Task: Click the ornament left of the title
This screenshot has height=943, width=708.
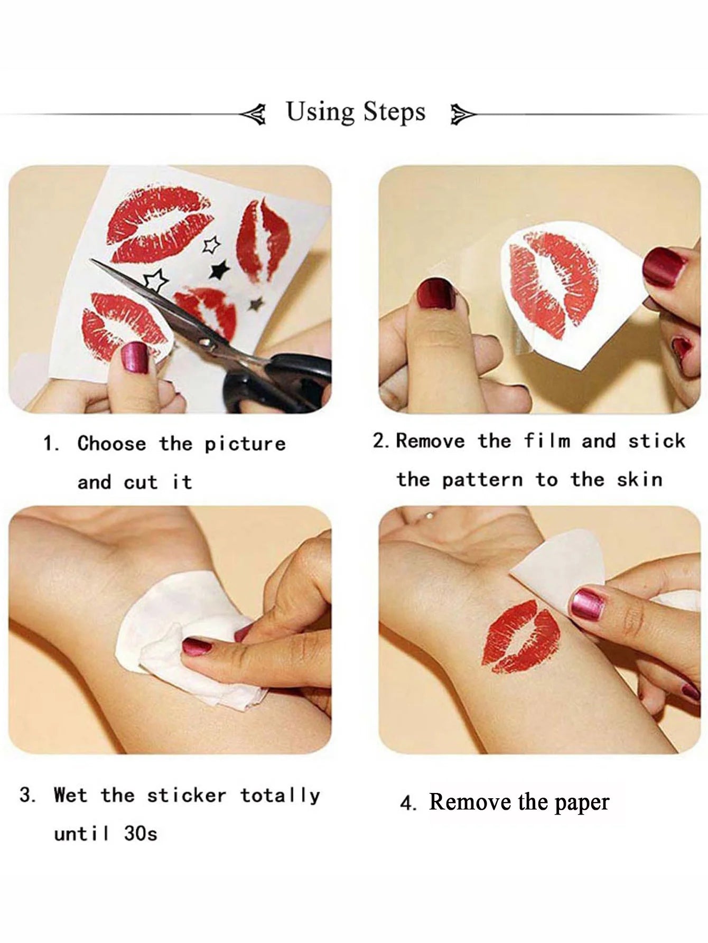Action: (x=253, y=115)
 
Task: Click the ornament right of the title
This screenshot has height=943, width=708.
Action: (x=462, y=115)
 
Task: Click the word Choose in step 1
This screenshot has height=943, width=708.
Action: (x=111, y=444)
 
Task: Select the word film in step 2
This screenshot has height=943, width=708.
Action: (x=547, y=441)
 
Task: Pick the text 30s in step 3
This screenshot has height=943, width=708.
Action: (x=141, y=834)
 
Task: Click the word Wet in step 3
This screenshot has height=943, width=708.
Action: (x=70, y=795)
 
